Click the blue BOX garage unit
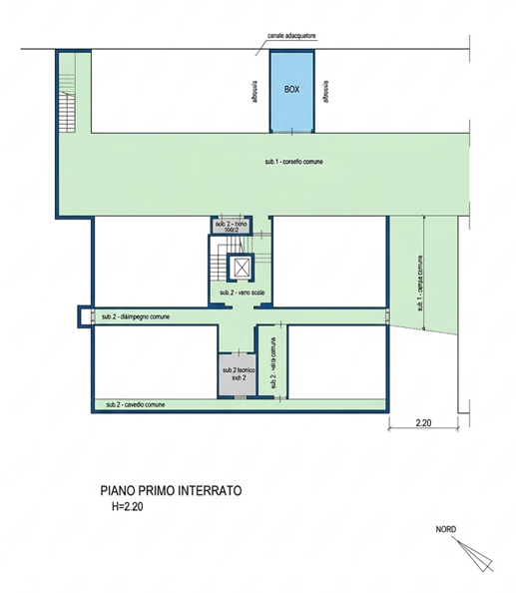[x=291, y=90]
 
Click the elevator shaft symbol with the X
[x=242, y=267]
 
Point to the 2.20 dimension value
[x=423, y=424]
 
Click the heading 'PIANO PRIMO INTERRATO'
[x=171, y=490]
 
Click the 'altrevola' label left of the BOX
[x=257, y=90]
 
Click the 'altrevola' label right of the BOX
[x=326, y=90]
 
